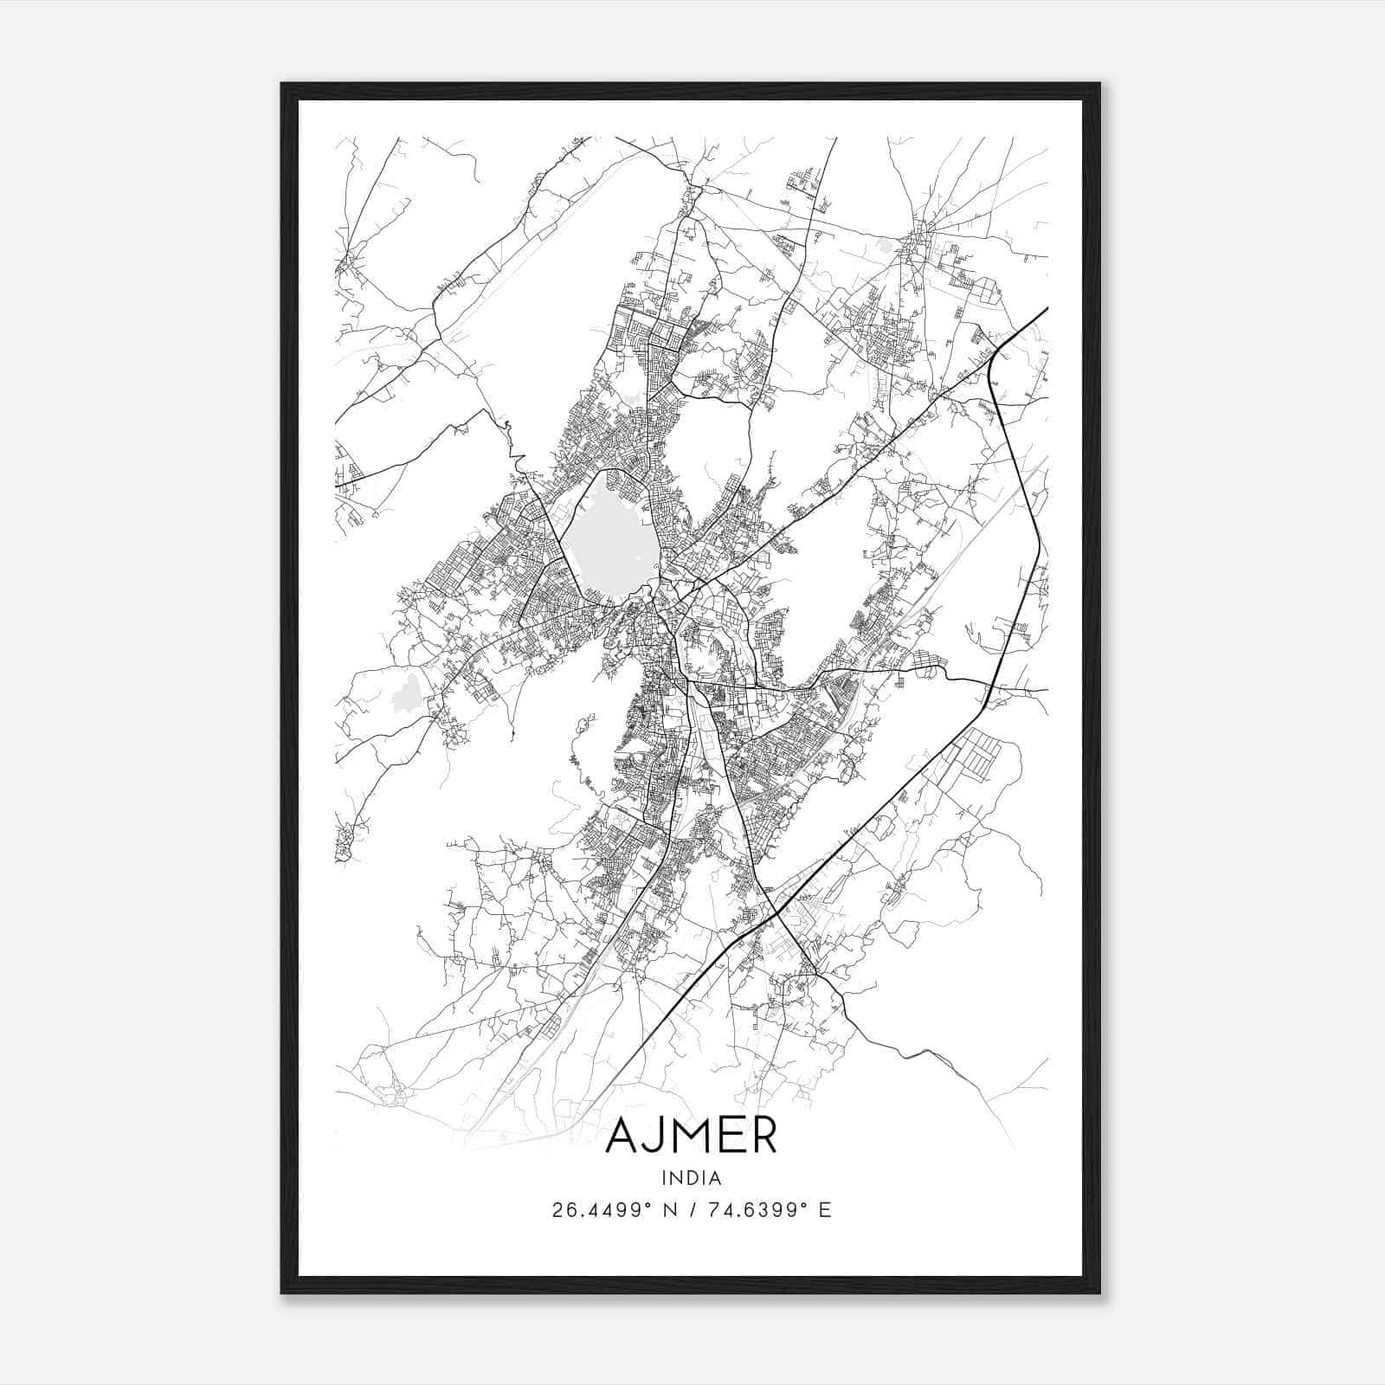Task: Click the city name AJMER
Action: pyautogui.click(x=691, y=1137)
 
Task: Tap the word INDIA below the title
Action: pyautogui.click(x=691, y=1178)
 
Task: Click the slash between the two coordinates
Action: pyautogui.click(x=690, y=1210)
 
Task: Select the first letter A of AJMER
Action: pyautogui.click(x=622, y=1137)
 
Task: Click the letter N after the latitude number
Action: pyautogui.click(x=670, y=1210)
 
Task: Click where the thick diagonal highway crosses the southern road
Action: pyautogui.click(x=776, y=910)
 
